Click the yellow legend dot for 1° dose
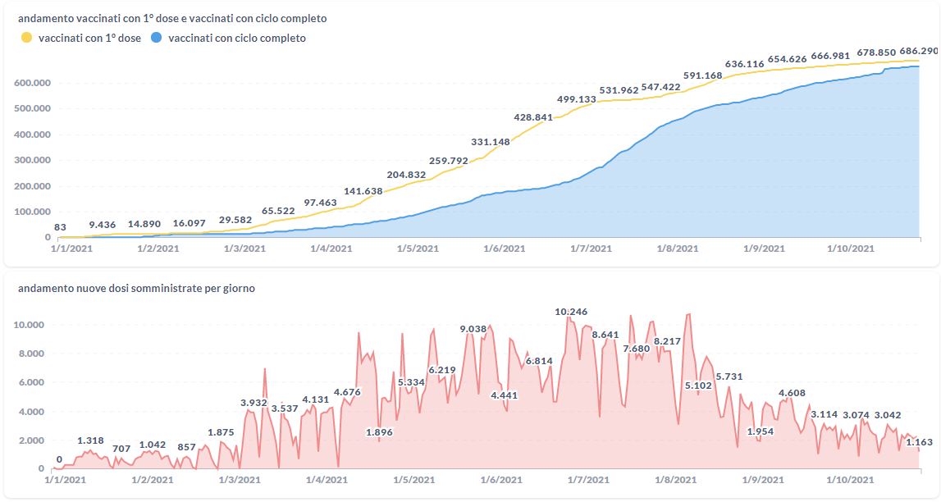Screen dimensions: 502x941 tap(27, 38)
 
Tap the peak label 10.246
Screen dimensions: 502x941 tap(571, 312)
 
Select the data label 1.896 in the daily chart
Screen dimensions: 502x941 tap(379, 432)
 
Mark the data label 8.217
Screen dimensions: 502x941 tap(667, 341)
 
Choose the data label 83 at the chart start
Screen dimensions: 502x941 tap(60, 227)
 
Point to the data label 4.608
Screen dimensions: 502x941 tap(792, 393)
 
